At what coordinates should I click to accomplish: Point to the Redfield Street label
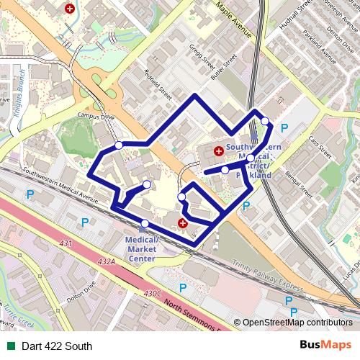(158, 83)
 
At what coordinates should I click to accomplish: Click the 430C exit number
(153, 293)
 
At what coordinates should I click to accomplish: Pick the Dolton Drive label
(81, 288)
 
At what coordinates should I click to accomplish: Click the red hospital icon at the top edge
(69, 9)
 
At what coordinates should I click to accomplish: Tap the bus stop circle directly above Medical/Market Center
(145, 223)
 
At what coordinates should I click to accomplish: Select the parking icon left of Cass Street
(284, 128)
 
